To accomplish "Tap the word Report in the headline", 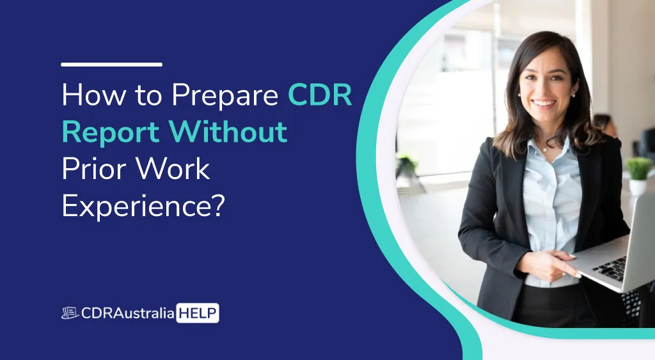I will click(x=111, y=132).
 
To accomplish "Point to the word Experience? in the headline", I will click(x=143, y=206).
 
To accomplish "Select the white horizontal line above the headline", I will click(x=111, y=65).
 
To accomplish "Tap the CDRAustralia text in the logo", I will click(x=128, y=313).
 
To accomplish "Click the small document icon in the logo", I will click(x=70, y=313).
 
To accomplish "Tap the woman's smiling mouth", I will click(x=544, y=103).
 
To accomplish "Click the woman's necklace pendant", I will click(x=544, y=150).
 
